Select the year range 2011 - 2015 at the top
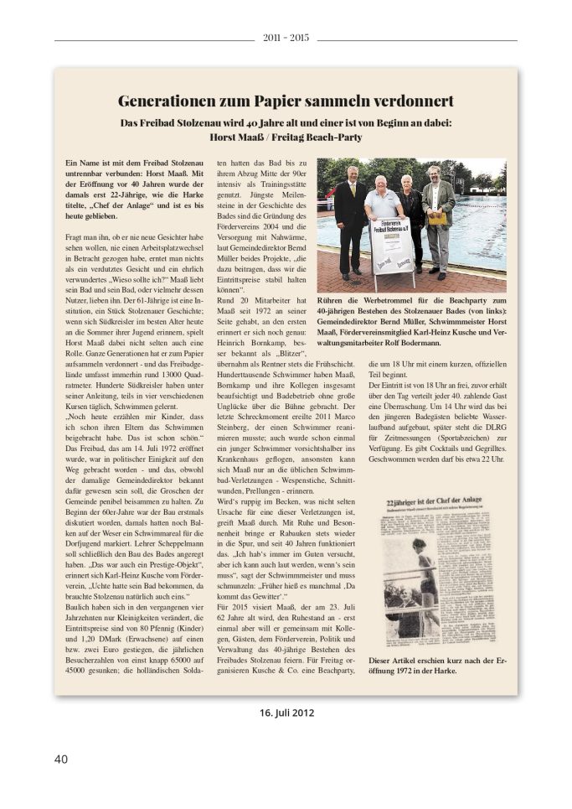[286, 39]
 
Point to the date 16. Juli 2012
[286, 713]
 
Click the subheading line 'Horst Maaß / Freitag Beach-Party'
[286, 136]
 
